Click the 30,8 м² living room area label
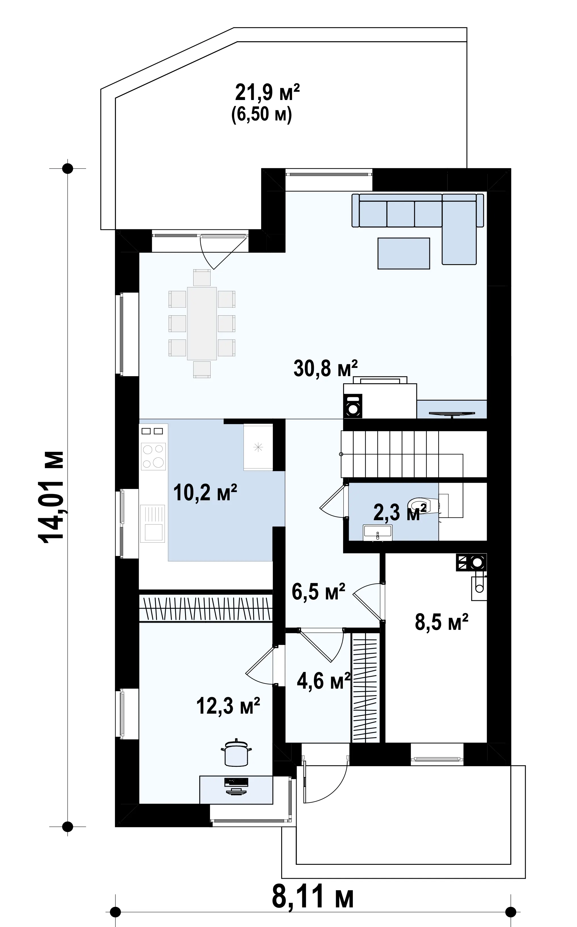[326, 368]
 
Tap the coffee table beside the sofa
[404, 253]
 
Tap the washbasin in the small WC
[378, 532]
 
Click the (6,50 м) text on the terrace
[262, 114]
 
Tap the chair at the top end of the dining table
[202, 278]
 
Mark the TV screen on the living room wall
[452, 413]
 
